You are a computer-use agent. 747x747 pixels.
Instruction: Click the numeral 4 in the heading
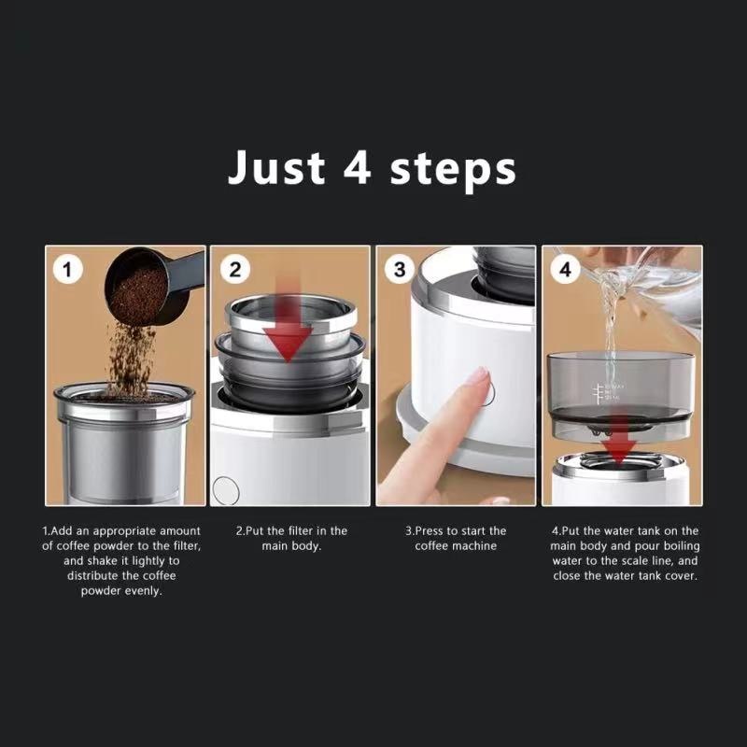[358, 167]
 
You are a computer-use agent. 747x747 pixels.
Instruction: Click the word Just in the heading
[276, 167]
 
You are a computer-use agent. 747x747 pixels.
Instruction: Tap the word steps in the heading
[453, 170]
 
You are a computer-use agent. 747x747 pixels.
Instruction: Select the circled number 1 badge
[67, 270]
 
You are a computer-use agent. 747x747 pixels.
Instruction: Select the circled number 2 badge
[235, 270]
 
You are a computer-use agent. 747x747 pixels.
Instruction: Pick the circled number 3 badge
[400, 270]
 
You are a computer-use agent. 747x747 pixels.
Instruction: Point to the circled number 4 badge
[565, 270]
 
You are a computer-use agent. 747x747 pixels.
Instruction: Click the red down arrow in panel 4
[618, 439]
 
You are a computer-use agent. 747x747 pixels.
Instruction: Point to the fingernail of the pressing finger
[478, 376]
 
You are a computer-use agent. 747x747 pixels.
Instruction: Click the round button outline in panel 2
[226, 490]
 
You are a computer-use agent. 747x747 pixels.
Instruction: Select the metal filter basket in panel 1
[124, 442]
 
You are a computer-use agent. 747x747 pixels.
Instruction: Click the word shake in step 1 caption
[102, 561]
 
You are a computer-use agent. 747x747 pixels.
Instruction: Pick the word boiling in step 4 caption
[682, 546]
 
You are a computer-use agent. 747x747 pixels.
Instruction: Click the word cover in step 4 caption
[682, 575]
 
